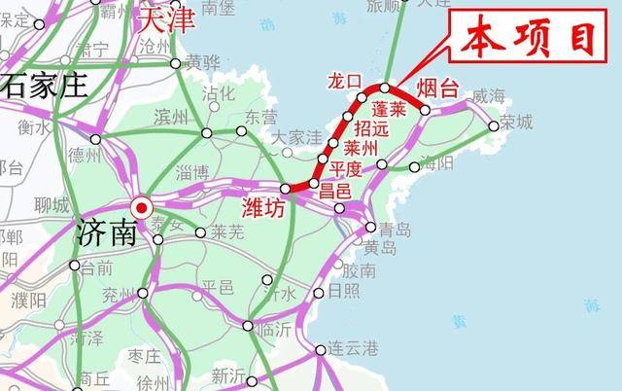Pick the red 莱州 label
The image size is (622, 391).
pos(360,149)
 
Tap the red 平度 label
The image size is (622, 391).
pos(345,167)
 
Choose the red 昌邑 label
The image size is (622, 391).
pos(336,191)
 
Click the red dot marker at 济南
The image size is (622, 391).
pos(142,207)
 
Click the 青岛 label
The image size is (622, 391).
pos(396,231)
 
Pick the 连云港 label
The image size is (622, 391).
pos(350,348)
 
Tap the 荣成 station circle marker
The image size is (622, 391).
pos(494,125)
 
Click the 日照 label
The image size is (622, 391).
pos(342,291)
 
